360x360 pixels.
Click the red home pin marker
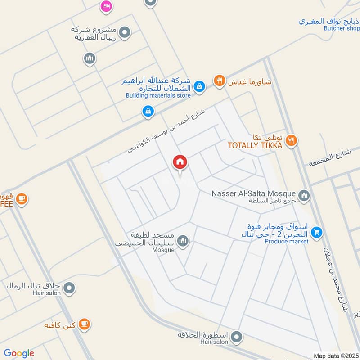[x=180, y=162]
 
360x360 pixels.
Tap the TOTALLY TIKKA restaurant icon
[x=292, y=141]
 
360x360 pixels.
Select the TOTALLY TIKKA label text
[x=255, y=145]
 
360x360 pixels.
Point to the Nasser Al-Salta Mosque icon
[x=304, y=195]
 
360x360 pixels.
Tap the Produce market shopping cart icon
[x=317, y=232]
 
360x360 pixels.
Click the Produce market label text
[x=287, y=242]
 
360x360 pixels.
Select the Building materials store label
[x=158, y=95]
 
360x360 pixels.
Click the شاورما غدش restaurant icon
[x=219, y=81]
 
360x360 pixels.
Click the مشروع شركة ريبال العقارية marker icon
[x=126, y=32]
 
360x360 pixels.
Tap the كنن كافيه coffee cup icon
[x=84, y=324]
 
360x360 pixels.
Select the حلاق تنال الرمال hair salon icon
[x=69, y=287]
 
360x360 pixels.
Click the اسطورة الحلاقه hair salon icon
[x=237, y=336]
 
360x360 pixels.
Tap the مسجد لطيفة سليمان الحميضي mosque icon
[x=183, y=241]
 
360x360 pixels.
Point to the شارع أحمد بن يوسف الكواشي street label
[x=166, y=128]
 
